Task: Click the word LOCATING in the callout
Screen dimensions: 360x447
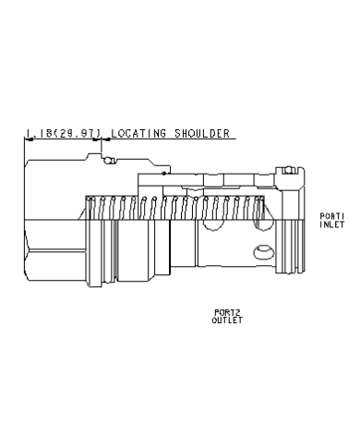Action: point(138,133)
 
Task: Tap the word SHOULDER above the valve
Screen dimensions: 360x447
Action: point(202,133)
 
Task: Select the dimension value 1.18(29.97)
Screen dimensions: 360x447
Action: point(64,133)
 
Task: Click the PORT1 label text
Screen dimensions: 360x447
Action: point(332,216)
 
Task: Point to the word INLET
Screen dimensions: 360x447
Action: point(332,224)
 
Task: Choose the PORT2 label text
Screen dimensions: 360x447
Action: point(227,313)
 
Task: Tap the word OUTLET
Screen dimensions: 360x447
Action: point(227,320)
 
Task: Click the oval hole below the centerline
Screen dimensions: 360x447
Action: point(264,252)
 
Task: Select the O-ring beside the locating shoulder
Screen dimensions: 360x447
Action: point(109,161)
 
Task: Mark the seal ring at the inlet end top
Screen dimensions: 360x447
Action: point(289,170)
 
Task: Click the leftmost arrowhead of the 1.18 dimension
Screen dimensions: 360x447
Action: point(29,139)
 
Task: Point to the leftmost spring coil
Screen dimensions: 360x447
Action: point(90,208)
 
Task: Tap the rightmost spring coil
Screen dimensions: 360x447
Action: point(258,208)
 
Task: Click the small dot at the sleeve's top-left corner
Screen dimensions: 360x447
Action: point(164,174)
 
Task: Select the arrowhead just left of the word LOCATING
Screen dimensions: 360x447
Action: point(106,139)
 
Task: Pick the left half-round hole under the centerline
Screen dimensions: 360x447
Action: point(214,225)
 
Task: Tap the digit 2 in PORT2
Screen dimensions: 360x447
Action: point(237,313)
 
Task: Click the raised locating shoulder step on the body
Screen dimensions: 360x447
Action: point(93,156)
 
